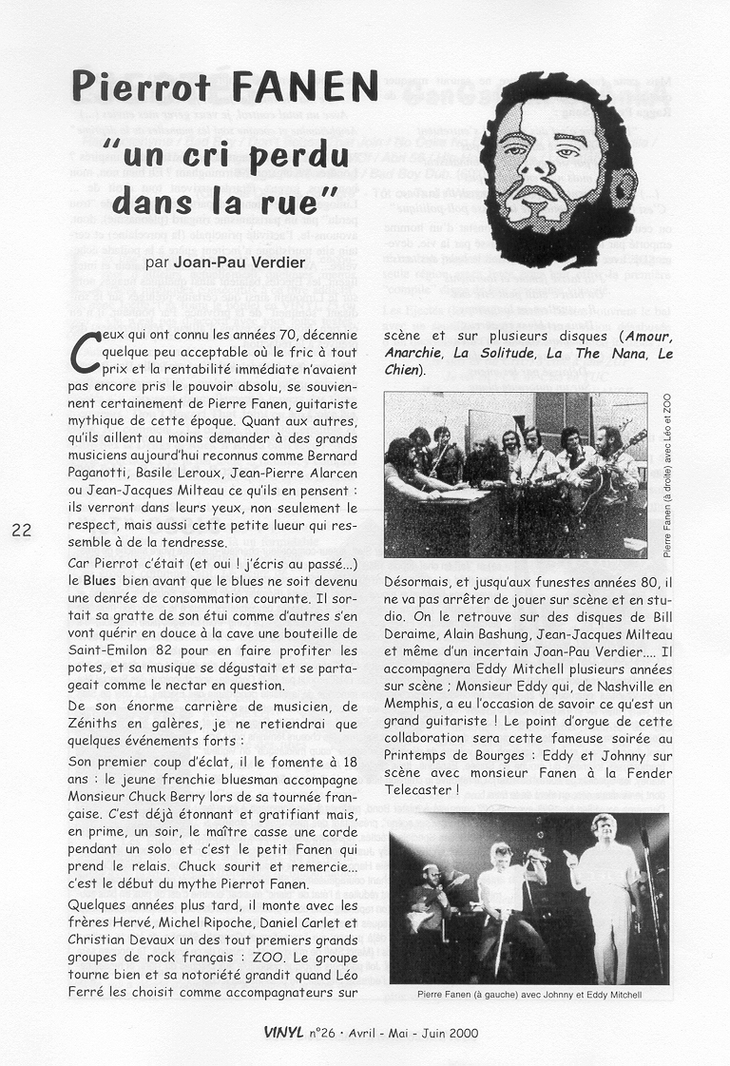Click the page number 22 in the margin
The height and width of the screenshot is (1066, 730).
coord(22,531)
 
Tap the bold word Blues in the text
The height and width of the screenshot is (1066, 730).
coord(101,579)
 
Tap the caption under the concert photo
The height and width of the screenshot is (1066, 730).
coord(529,995)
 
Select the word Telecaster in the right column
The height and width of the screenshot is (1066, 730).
coord(419,789)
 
